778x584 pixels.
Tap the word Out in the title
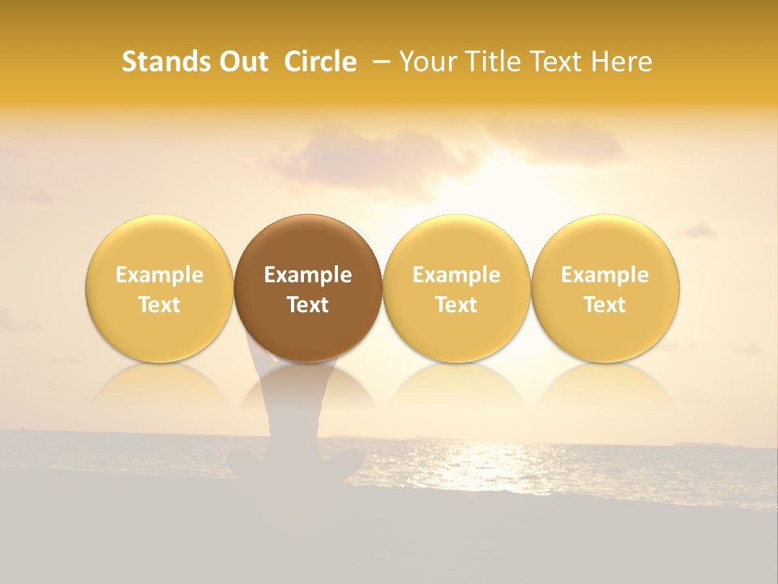pos(242,62)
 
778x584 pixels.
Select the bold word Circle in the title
pos(320,62)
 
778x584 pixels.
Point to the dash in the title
pos(378,62)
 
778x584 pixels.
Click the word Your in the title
pos(428,62)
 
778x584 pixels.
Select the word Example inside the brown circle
pos(308,275)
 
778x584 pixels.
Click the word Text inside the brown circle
pos(308,305)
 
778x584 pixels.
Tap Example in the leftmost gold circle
pos(160,275)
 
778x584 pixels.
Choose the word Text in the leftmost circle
pos(160,305)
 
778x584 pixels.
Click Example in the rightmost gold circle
pos(605,275)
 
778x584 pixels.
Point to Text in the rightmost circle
pos(605,305)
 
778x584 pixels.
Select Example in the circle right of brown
pos(456,275)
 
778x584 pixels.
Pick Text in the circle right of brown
pos(456,305)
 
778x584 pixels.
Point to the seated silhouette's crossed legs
pos(296,466)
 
